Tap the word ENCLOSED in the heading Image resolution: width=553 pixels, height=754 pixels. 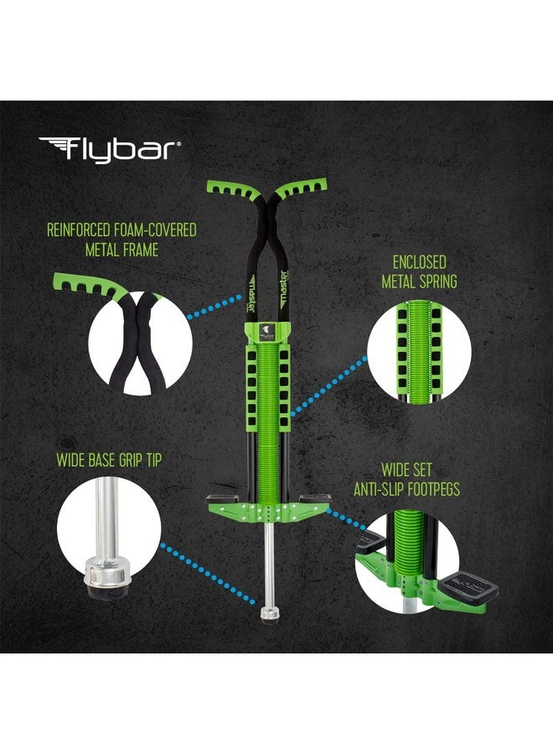tap(419, 262)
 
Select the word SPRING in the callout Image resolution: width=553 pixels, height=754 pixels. tap(437, 281)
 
